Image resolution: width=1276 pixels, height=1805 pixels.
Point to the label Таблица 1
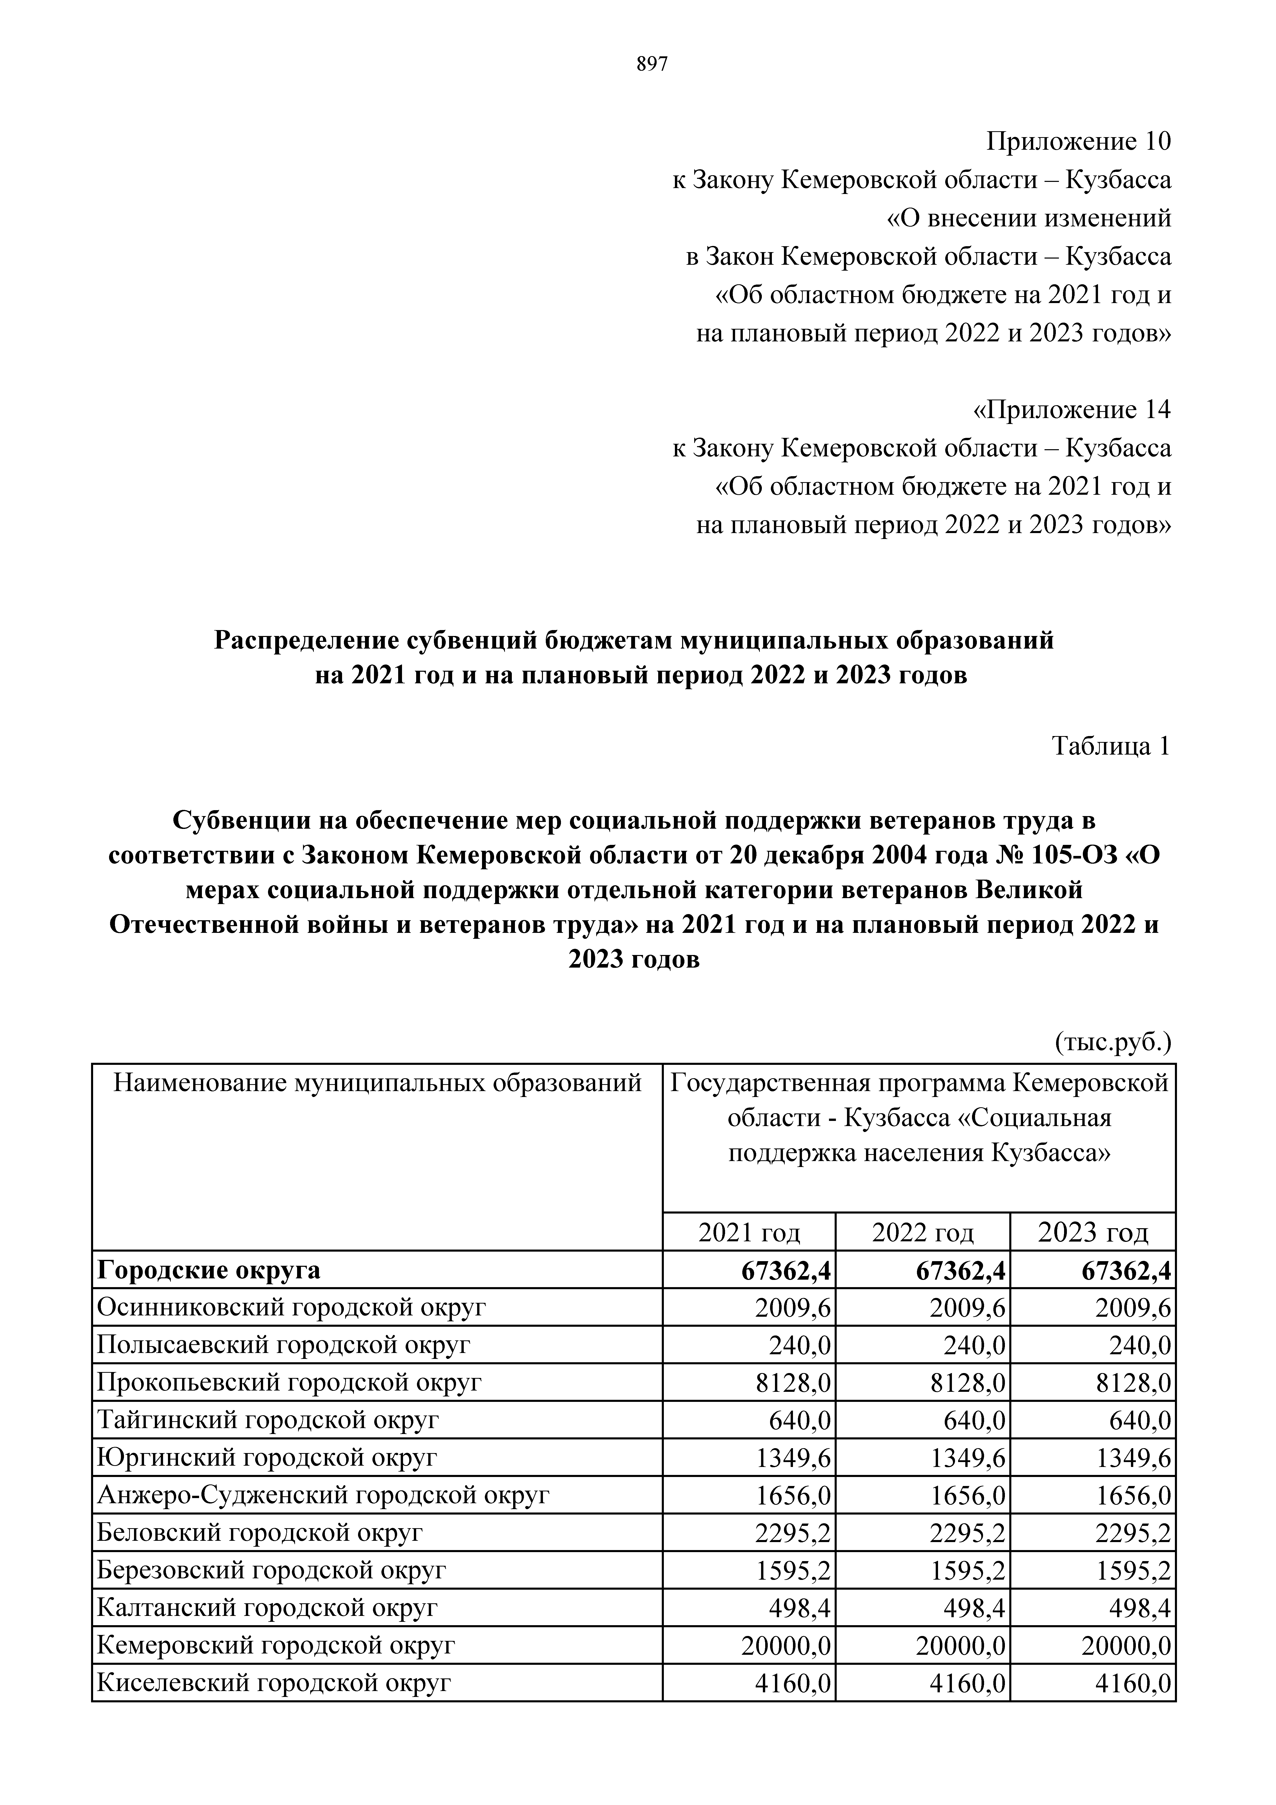(x=1111, y=746)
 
